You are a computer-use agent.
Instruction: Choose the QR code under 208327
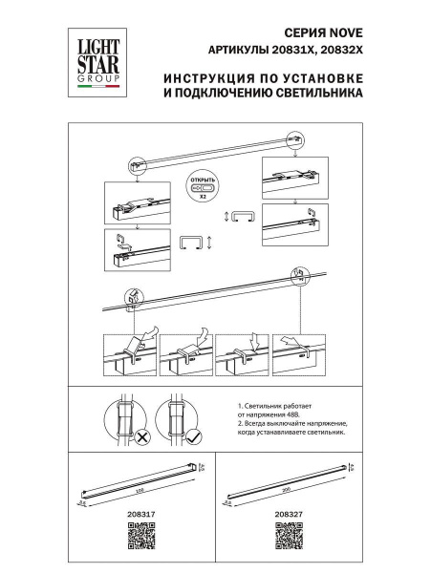pos(289,537)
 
